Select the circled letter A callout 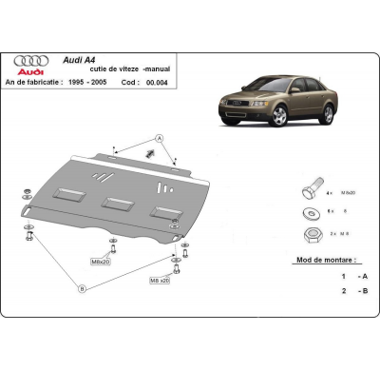(x=159, y=137)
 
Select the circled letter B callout (x=82, y=286)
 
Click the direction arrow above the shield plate (x=150, y=153)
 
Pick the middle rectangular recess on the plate (x=117, y=203)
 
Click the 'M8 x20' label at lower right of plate (x=158, y=281)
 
